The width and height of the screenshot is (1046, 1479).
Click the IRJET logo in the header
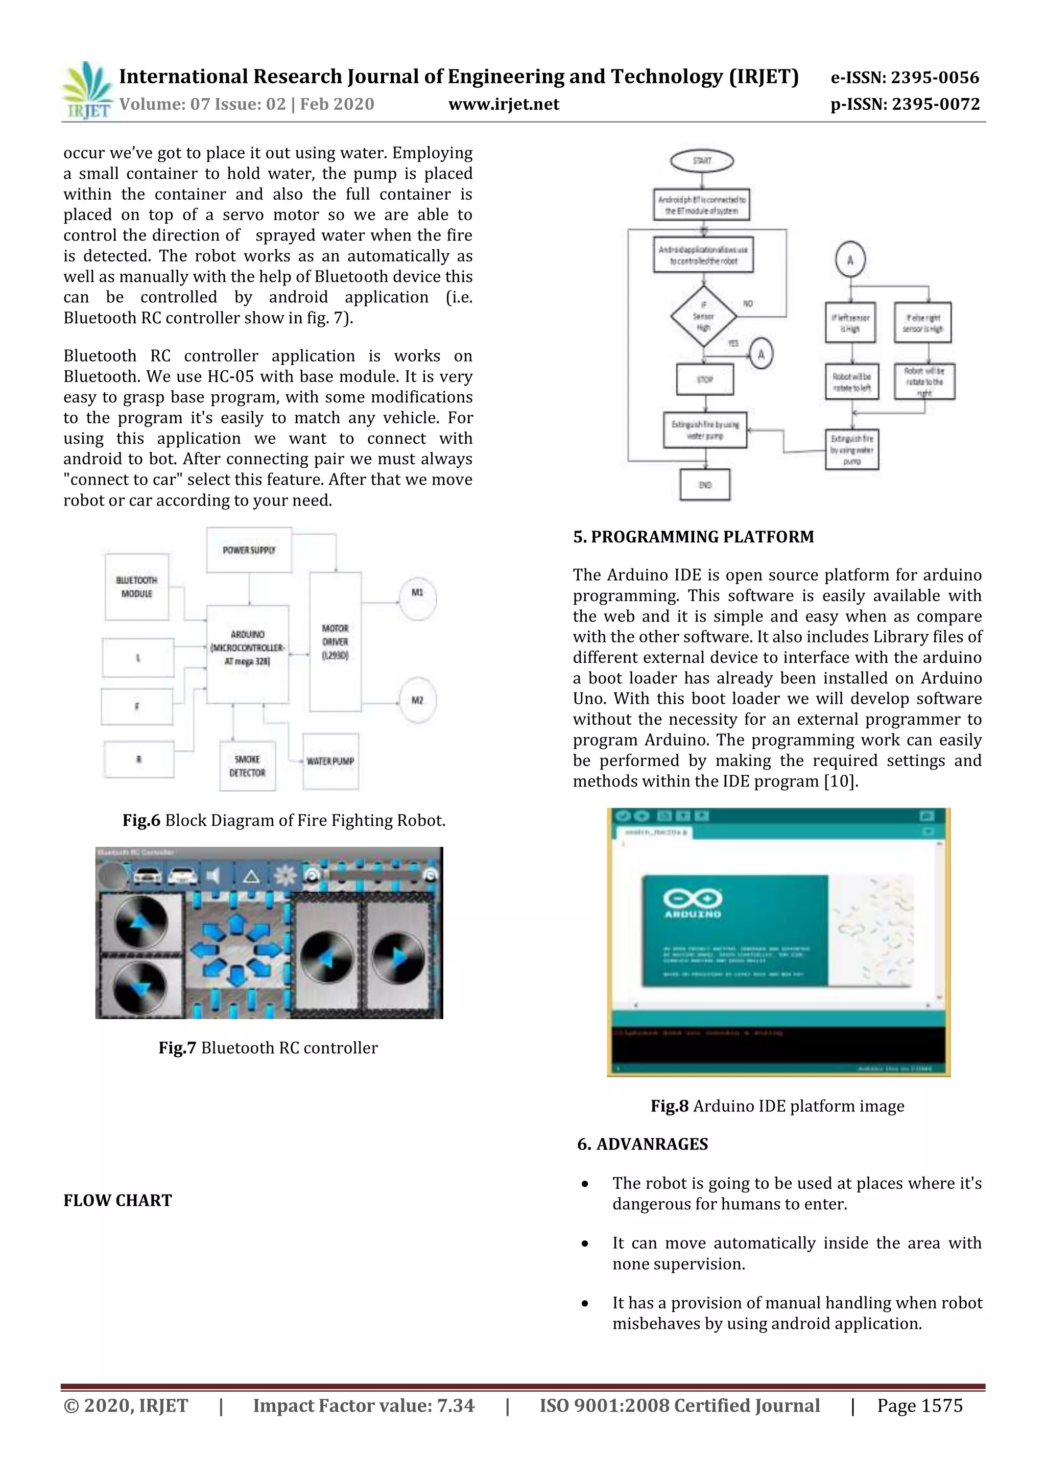tap(87, 91)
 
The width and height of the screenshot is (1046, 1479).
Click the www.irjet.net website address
tap(504, 104)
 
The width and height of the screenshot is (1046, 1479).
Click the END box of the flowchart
tap(705, 485)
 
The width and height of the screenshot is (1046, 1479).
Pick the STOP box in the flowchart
tap(705, 379)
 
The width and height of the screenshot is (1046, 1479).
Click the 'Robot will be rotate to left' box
tap(851, 382)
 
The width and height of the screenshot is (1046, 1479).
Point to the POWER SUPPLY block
tap(249, 550)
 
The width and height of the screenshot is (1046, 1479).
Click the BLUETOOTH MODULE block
tap(136, 587)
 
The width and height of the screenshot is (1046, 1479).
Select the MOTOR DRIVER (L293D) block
tap(335, 641)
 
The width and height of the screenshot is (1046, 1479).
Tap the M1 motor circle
tap(417, 599)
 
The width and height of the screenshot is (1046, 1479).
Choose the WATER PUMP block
tap(330, 761)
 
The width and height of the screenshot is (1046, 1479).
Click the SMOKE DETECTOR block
tap(247, 766)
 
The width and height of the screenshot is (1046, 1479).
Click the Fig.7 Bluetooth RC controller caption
tap(268, 1048)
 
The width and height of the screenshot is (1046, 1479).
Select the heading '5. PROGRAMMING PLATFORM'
tap(693, 537)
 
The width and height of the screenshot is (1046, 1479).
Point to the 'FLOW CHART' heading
tap(118, 1200)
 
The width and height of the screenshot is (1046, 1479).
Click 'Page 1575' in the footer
tap(919, 1405)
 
